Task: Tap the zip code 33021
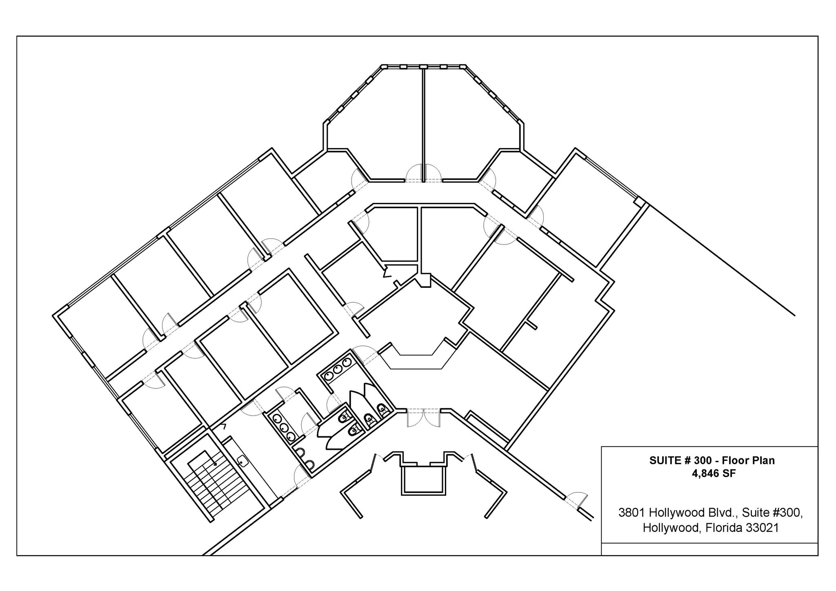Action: (x=762, y=528)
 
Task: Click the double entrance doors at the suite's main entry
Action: (x=424, y=417)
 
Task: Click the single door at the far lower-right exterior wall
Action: (x=576, y=500)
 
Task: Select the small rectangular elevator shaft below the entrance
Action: (x=423, y=480)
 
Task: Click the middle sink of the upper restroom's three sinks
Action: (x=338, y=369)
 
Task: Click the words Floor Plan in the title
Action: (x=748, y=461)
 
